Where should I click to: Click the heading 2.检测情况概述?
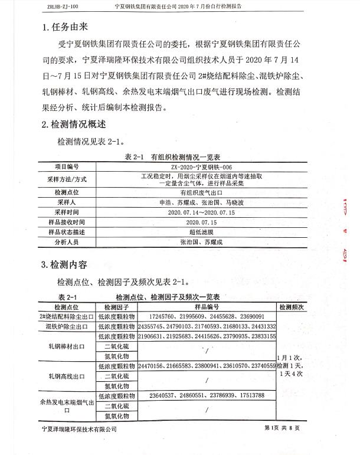click(x=74, y=125)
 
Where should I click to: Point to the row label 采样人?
click(x=66, y=202)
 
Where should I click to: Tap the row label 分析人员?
click(x=66, y=242)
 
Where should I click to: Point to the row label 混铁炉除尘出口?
click(x=66, y=326)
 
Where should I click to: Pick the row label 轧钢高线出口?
click(x=66, y=376)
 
